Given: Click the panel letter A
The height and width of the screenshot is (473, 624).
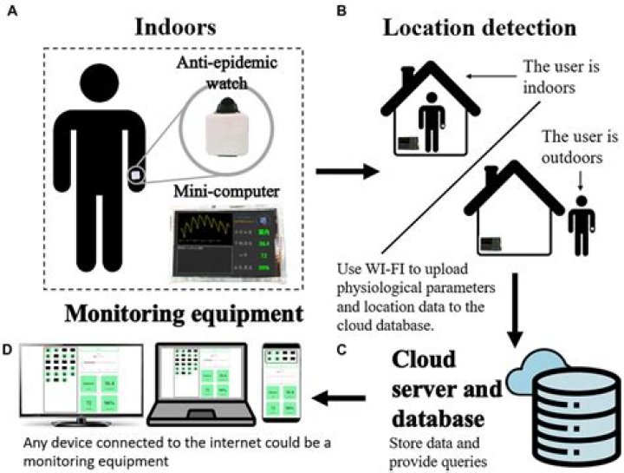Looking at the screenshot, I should (x=10, y=12).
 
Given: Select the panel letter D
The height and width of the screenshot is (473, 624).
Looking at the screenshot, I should (x=10, y=349).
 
